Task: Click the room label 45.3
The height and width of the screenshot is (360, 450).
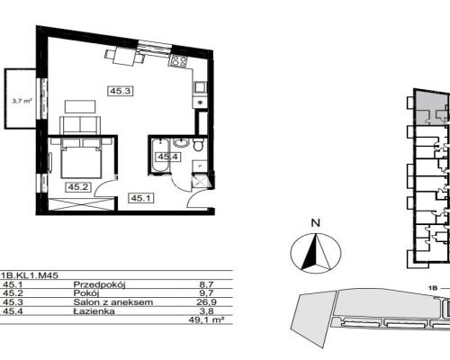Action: coord(121,91)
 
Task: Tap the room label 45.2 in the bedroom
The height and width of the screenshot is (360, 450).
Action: coord(77,187)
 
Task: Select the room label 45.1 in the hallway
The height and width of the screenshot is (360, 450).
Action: coord(141,198)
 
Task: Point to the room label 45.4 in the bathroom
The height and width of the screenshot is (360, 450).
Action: coord(168,157)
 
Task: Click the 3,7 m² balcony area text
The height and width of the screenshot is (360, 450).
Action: coord(22,101)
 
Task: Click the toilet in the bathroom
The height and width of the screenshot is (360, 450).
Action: coord(198,144)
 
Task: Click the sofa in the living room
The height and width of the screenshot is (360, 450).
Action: coord(80,126)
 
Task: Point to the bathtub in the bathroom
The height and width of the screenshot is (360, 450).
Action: coord(160,156)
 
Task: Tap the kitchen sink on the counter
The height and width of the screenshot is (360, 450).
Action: coord(199,87)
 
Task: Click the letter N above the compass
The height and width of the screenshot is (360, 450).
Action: coord(316,223)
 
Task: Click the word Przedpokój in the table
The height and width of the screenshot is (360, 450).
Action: coord(99,284)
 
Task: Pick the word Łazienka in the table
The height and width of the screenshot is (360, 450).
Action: coord(94,311)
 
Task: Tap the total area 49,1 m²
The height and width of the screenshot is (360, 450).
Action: coord(206,319)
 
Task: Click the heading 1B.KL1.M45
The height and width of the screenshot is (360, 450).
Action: coord(30,275)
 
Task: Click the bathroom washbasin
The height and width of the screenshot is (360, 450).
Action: coord(181,143)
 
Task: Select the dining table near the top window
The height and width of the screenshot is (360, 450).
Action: coord(124,57)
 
